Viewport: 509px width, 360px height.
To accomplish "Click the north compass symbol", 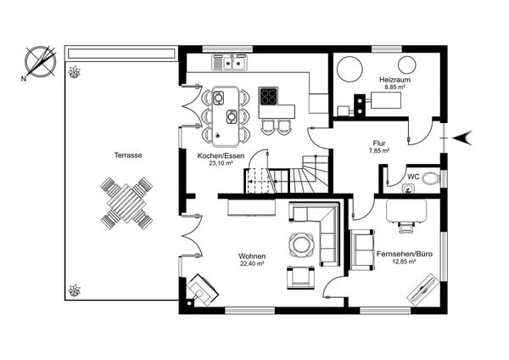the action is click(40, 62).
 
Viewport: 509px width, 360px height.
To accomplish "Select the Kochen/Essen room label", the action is click(221, 156).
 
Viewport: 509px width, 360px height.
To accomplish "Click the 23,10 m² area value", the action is click(221, 163).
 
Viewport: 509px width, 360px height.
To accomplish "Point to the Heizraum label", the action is click(394, 80).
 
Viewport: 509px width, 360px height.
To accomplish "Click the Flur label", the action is click(379, 143).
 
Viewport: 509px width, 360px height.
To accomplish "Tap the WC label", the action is click(414, 177).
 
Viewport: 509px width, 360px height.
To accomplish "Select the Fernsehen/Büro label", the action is click(405, 254).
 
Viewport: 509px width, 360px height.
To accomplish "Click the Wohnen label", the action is click(252, 256).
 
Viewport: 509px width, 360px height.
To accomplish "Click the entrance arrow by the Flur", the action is click(462, 138).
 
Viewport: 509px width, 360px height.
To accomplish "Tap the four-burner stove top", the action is click(268, 96).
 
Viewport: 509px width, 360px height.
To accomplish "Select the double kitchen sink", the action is click(230, 62).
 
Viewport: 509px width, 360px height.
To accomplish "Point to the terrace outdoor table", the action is click(126, 203).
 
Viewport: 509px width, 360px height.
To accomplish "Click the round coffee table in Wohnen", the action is click(301, 245).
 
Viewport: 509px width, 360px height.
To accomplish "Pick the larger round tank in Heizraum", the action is click(350, 70).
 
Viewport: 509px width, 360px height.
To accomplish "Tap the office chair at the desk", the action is click(406, 227).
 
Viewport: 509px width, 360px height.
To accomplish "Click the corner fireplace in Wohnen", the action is click(202, 290).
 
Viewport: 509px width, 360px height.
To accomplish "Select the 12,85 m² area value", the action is click(405, 262).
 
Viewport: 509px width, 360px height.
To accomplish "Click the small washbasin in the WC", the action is click(407, 188).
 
